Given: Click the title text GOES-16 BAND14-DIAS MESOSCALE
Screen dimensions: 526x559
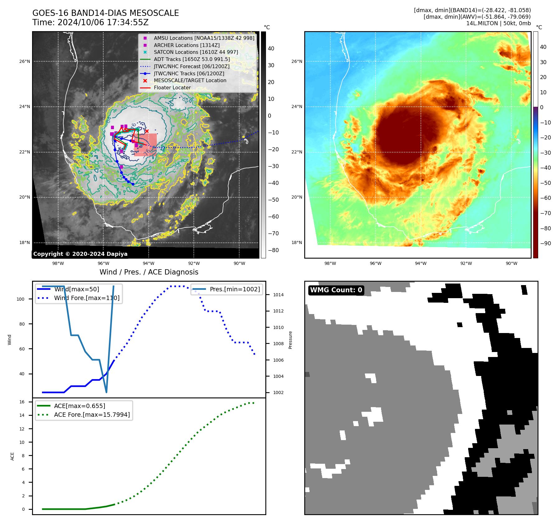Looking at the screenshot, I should click(x=105, y=13).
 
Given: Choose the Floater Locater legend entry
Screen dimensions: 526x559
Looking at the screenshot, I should click(x=172, y=88).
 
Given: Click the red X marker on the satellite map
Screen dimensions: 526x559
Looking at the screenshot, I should click(x=147, y=131).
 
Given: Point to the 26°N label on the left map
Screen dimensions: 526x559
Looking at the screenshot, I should click(x=25, y=61).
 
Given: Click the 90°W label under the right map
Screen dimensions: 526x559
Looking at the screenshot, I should click(x=511, y=263).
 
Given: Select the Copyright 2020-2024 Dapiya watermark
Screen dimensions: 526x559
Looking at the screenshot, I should click(x=80, y=254).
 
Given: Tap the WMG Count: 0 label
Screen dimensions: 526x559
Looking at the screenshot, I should click(x=336, y=290).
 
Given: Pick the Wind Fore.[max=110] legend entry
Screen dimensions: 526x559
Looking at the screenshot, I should click(x=86, y=298).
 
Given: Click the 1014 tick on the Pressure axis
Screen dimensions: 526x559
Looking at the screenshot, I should click(x=278, y=295).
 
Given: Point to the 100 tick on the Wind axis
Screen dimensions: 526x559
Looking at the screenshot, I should click(x=21, y=299).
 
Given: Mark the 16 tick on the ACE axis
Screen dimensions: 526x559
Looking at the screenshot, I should click(x=22, y=402).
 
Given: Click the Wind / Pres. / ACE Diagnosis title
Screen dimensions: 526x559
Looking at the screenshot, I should click(x=149, y=272).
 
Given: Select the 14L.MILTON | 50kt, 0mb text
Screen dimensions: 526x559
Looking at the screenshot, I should click(x=498, y=23).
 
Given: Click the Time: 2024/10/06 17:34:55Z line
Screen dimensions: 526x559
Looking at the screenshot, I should click(x=90, y=22).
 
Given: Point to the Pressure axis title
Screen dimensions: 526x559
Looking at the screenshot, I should click(x=290, y=340).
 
